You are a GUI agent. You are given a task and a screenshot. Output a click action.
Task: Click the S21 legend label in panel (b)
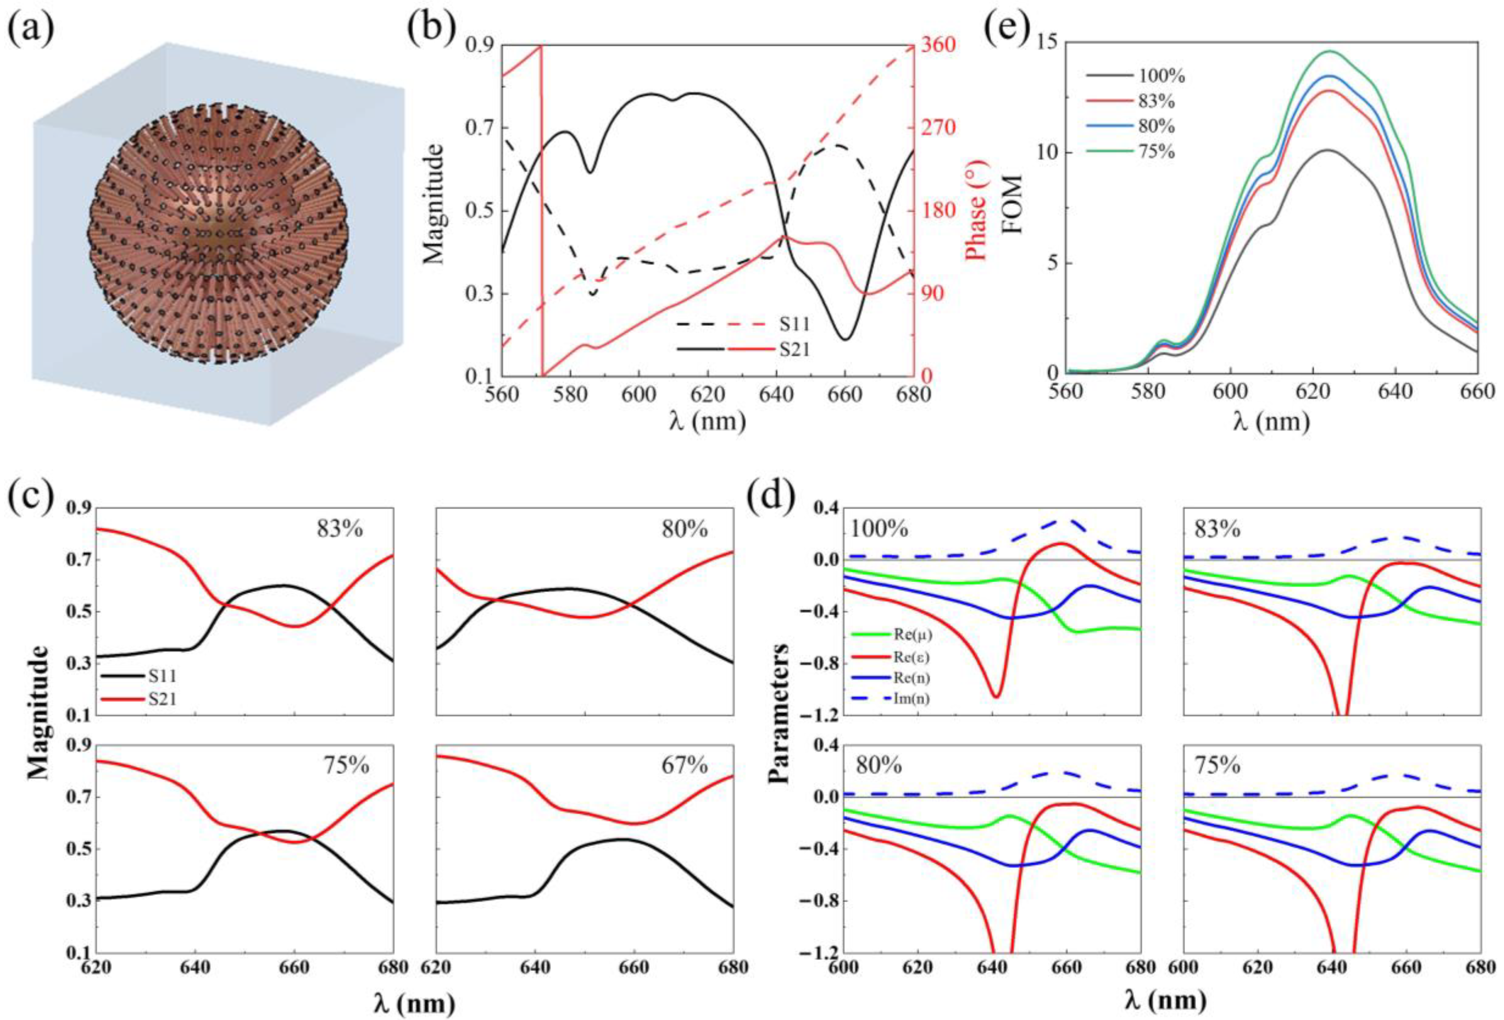coord(794,350)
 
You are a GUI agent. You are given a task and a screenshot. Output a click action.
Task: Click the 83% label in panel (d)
coord(1218,530)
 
